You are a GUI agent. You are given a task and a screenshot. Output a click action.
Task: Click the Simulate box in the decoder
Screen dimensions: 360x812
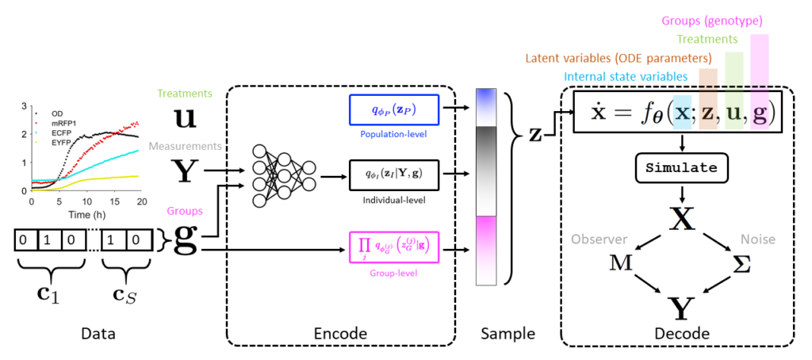[683, 169]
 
